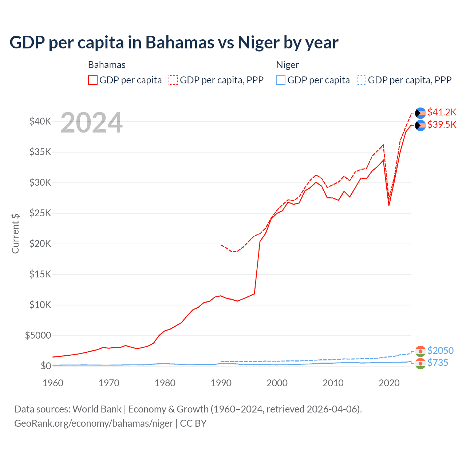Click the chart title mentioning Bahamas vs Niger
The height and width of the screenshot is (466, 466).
tap(174, 42)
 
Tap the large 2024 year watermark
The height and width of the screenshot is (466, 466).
tap(91, 123)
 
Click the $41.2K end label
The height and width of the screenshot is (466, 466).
tap(442, 112)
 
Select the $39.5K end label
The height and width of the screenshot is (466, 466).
tap(442, 125)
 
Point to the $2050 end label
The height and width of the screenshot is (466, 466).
tap(440, 351)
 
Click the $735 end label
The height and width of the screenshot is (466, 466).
tap(438, 363)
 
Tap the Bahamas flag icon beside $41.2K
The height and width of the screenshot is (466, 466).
tap(420, 113)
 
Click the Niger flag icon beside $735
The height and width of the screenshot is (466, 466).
tap(420, 363)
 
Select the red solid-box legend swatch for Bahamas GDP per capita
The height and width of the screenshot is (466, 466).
tap(93, 80)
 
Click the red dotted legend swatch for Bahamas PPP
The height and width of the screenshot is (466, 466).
tap(173, 80)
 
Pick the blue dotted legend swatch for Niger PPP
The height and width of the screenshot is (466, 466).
tap(362, 80)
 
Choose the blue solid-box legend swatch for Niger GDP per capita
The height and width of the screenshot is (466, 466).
tap(281, 80)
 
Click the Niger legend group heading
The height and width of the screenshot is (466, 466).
tap(287, 65)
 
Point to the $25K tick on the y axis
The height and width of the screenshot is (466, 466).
tap(40, 213)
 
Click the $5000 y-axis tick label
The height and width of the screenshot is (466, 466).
tap(38, 335)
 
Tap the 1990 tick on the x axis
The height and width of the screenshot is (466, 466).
tap(221, 383)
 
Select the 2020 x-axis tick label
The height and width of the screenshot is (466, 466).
tap(389, 383)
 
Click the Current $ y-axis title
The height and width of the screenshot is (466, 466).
tap(15, 233)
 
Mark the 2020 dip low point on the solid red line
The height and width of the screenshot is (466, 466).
tap(389, 205)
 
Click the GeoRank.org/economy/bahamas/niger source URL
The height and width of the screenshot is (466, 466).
tap(94, 423)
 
